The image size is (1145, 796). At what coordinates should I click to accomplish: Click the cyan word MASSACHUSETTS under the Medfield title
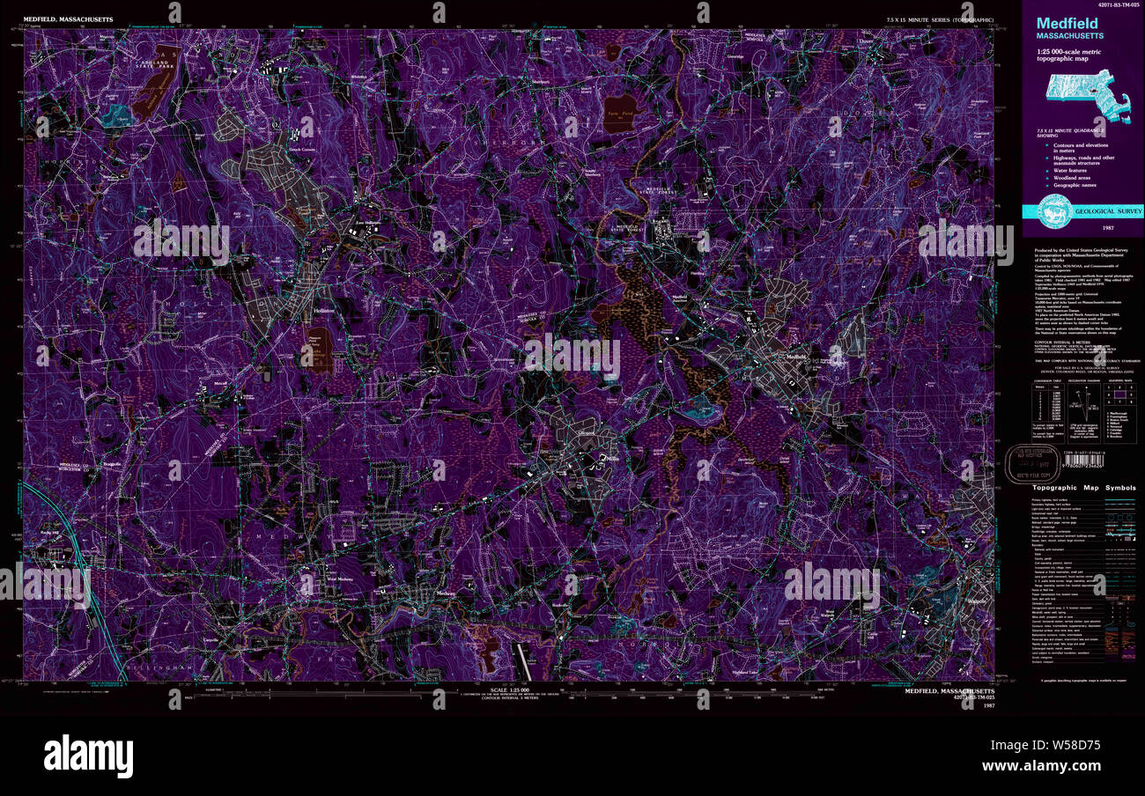(1069, 36)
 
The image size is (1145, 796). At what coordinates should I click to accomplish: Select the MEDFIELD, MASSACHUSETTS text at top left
(67, 18)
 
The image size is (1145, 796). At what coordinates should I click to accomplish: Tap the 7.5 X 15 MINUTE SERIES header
(940, 18)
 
